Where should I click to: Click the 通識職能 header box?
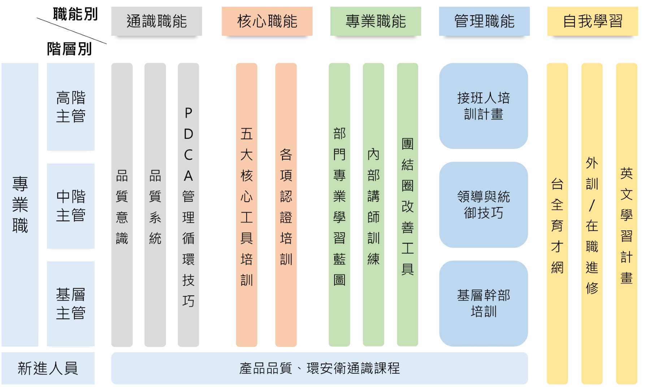156,21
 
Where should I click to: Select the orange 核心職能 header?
267,21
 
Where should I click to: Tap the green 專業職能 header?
376,21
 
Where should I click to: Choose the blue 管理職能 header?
484,21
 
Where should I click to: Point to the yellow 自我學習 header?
593,21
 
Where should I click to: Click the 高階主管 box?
70,107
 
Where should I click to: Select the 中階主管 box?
70,206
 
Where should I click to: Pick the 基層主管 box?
70,304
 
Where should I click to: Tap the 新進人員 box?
48,368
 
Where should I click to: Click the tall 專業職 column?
20,205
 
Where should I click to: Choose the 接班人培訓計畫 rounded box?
483,106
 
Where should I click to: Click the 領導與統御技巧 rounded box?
483,205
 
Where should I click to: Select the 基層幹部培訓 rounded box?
483,303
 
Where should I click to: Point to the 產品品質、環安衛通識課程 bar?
319,368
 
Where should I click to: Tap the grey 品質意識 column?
122,205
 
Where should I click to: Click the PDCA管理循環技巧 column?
188,205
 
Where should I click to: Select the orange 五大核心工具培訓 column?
247,205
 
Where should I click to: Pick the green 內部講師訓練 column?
373,205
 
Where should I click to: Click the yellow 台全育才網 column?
557,224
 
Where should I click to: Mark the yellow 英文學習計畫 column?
627,224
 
